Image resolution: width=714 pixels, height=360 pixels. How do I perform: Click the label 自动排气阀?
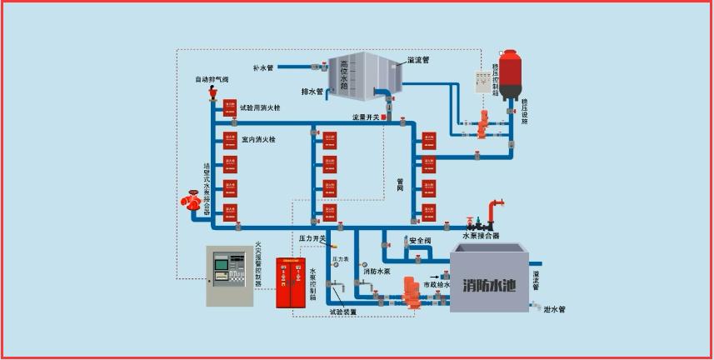click(x=212, y=79)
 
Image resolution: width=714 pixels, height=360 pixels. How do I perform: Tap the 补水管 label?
click(x=263, y=67)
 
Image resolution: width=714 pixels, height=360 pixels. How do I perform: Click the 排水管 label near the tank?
click(x=312, y=91)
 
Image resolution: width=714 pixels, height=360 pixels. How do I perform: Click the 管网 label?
click(x=401, y=185)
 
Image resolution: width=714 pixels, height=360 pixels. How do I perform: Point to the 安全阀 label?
click(x=421, y=242)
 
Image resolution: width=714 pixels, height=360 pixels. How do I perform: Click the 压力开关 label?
click(x=312, y=239)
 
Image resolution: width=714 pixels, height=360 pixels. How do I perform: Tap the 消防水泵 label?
click(x=377, y=271)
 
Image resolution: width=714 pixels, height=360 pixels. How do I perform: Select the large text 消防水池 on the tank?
click(x=487, y=283)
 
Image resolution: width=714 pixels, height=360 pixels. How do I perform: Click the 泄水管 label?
click(x=554, y=309)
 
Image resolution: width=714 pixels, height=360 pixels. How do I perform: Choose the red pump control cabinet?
click(x=291, y=282)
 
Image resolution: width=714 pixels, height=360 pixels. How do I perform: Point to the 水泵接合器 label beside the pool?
click(x=481, y=236)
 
